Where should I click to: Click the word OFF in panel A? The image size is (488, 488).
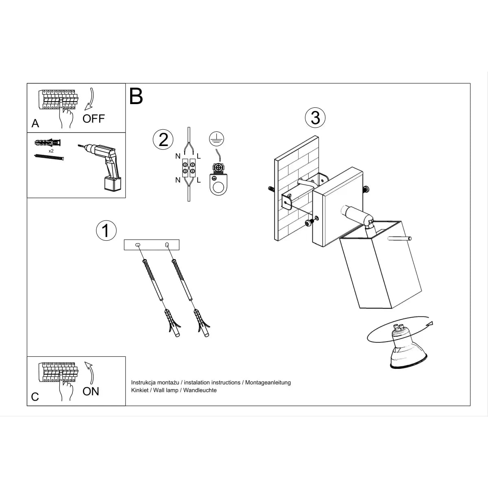[94, 118]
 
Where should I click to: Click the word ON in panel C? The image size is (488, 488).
[91, 391]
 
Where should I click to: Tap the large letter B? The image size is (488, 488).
[136, 96]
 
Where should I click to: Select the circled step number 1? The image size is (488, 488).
[106, 231]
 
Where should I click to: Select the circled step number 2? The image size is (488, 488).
[163, 139]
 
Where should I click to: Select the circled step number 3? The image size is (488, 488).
[315, 118]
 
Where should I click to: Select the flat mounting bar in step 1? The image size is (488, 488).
[152, 245]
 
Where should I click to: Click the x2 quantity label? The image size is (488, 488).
[51, 150]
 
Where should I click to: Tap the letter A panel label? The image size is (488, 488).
[35, 123]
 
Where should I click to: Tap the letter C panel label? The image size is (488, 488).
[35, 396]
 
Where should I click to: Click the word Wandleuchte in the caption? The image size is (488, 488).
[200, 390]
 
